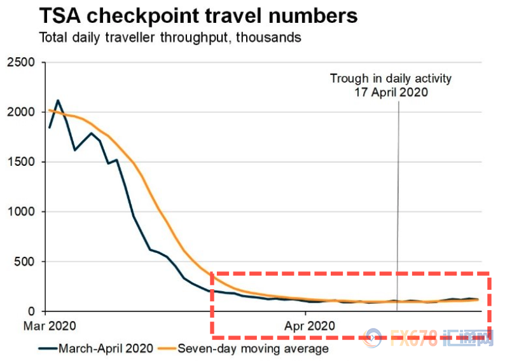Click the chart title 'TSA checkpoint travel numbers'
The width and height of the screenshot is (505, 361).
point(198,15)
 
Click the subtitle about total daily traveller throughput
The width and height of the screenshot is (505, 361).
point(170,37)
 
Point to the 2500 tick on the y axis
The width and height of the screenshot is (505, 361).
point(20,62)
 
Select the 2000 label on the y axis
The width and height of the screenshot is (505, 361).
point(20,112)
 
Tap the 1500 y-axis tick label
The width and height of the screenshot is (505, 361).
point(20,162)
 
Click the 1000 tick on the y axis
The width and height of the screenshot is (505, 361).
point(20,212)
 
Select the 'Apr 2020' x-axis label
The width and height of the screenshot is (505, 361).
point(308,325)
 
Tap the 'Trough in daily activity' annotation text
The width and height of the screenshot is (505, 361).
point(390,78)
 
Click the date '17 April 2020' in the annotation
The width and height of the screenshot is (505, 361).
point(391,92)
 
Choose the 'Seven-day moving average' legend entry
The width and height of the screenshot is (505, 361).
point(253,348)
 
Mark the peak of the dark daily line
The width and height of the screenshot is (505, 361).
point(58,100)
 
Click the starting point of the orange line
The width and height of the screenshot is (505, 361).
point(49,111)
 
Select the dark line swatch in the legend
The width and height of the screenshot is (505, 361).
point(46,348)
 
